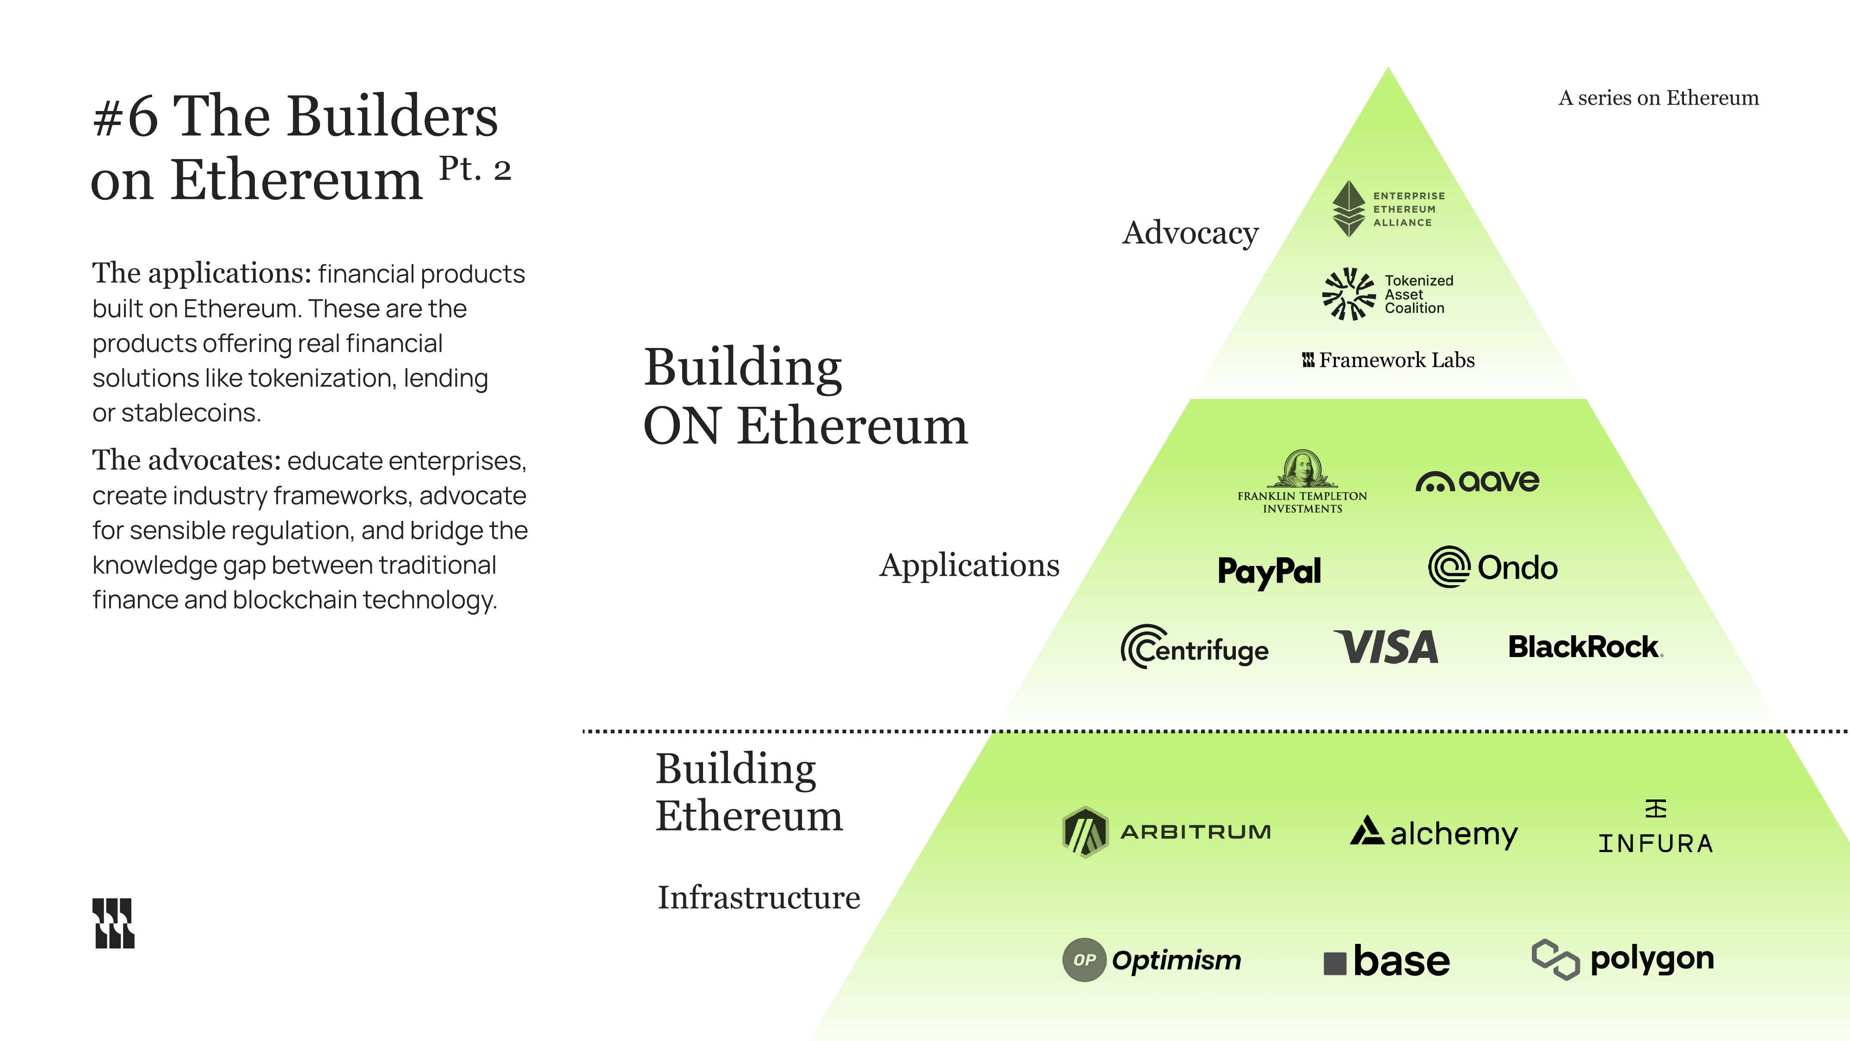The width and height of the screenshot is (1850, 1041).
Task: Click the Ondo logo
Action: (x=1493, y=568)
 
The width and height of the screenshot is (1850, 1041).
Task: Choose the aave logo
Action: (x=1477, y=481)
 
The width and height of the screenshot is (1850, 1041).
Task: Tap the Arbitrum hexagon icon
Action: (x=1085, y=832)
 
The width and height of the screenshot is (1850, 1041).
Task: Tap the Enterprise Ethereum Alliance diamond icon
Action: (x=1349, y=208)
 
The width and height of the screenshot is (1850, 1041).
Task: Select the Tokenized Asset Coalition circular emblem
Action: (x=1349, y=294)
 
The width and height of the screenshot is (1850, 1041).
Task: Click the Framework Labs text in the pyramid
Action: (x=1396, y=360)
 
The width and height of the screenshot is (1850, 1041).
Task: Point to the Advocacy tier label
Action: (x=1190, y=233)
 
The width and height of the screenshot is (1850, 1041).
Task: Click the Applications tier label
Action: (x=969, y=565)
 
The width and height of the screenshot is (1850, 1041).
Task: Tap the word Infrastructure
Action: (x=758, y=897)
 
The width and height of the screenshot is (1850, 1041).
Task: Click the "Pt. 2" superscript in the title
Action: (x=475, y=169)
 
